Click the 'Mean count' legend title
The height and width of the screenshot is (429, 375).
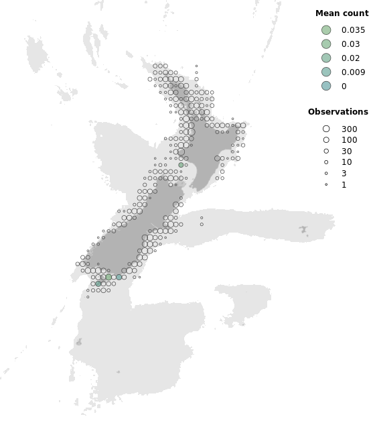[342, 13]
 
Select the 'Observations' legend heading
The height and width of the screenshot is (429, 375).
[337, 112]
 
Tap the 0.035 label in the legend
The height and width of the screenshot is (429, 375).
[353, 30]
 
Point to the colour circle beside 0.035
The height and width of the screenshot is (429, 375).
[326, 30]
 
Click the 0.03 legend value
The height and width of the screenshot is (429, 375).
[350, 44]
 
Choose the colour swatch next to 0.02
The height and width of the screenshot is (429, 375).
[326, 58]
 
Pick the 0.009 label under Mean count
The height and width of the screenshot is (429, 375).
[353, 72]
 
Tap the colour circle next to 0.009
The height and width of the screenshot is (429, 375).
[326, 72]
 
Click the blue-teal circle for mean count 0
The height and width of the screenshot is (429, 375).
[326, 86]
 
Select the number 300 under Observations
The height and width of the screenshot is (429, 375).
[349, 129]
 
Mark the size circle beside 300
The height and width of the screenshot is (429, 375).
[326, 129]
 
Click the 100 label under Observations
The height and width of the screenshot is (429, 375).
[349, 140]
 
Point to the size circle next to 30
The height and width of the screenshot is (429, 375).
[326, 151]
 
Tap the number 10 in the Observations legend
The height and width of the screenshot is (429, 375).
[346, 162]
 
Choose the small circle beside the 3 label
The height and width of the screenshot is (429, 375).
[326, 174]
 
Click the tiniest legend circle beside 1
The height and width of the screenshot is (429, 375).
[326, 184]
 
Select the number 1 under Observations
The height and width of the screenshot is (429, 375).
[344, 185]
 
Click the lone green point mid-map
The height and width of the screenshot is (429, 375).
[181, 165]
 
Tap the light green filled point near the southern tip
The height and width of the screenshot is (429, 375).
[108, 277]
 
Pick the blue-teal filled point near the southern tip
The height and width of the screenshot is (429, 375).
[119, 277]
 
